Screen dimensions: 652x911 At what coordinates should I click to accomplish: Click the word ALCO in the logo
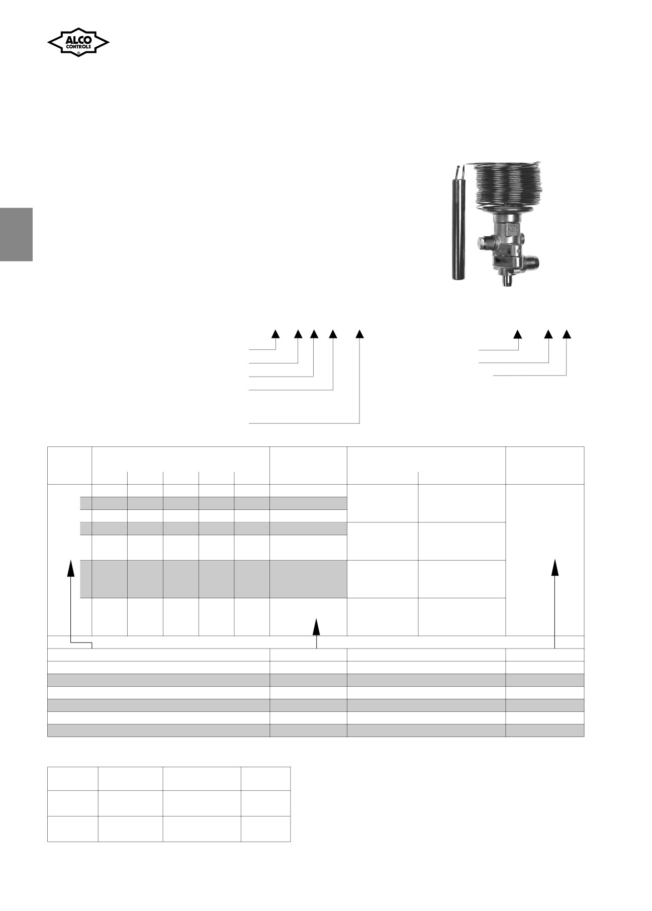pos(78,39)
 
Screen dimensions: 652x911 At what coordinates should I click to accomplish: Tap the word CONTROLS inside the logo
pos(78,47)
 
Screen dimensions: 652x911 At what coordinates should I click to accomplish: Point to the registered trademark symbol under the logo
pos(78,52)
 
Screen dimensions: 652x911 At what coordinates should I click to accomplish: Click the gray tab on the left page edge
pos(16,234)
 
